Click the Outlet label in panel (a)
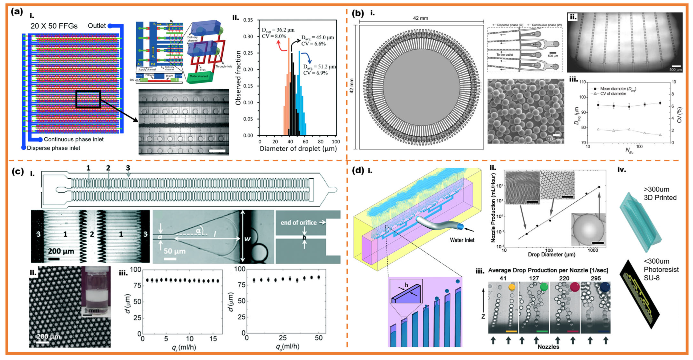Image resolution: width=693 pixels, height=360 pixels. click(97, 26)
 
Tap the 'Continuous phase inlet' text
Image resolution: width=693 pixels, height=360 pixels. click(74, 139)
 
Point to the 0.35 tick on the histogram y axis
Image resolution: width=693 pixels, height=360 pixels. click(248, 20)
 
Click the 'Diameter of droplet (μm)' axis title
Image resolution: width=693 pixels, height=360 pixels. click(298, 149)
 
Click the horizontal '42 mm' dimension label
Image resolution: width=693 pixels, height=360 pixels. click(420, 18)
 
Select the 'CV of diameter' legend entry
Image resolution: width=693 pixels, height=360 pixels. click(613, 94)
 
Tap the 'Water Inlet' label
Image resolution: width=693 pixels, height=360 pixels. click(462, 240)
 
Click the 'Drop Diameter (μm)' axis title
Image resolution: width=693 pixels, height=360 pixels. click(551, 254)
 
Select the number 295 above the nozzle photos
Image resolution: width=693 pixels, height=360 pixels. click(596, 278)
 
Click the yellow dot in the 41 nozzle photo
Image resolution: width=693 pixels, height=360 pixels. click(512, 287)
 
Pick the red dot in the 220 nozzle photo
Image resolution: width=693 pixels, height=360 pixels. click(574, 287)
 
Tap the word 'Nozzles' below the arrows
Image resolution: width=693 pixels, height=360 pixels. click(548, 347)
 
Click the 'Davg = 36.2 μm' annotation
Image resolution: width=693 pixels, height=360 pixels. click(278, 30)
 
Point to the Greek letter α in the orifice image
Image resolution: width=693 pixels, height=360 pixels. click(198, 230)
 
